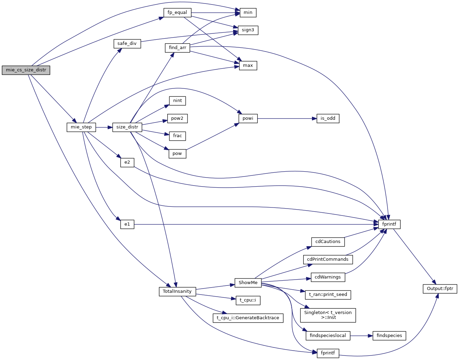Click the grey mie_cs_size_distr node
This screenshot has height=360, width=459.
tap(26, 70)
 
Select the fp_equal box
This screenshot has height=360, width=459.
tap(177, 13)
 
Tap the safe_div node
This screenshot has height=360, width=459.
tap(127, 44)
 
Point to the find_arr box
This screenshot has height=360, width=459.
tap(177, 48)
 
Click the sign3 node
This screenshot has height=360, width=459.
tap(248, 30)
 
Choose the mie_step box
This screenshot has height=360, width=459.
tap(81, 127)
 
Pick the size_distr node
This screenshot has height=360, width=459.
tap(127, 127)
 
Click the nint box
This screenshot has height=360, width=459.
tap(177, 101)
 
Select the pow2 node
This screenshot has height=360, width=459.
tap(177, 118)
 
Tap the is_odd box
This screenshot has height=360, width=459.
tap(328, 118)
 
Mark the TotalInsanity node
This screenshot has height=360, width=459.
tap(177, 291)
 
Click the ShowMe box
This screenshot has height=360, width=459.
tap(248, 283)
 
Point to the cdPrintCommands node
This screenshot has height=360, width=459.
tap(328, 259)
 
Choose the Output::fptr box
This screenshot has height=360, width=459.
tap(440, 289)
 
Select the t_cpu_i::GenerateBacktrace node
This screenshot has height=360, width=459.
tap(248, 318)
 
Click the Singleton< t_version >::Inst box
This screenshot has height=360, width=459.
tap(328, 315)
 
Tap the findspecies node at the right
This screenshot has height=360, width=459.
tap(389, 336)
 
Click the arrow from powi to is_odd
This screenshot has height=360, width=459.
tap(286, 118)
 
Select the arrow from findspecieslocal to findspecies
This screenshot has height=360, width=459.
tap(361, 336)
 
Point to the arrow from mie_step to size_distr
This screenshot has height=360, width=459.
tap(104, 127)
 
